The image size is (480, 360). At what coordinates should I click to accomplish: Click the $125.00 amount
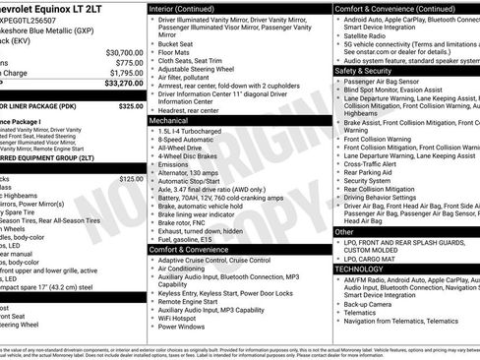pyautogui.click(x=130, y=179)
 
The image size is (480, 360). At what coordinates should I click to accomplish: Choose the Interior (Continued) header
pyautogui.click(x=192, y=8)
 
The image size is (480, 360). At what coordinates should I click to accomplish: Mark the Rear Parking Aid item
pyautogui.click(x=368, y=172)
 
